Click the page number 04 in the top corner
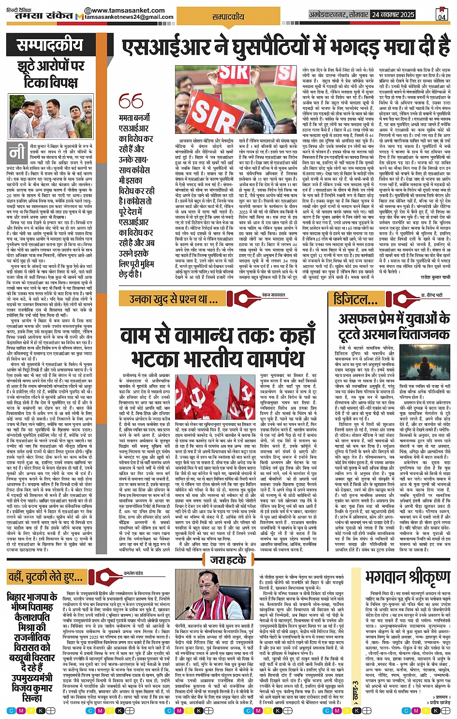coord(441,14)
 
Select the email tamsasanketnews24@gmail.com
coord(129,17)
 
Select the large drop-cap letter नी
coord(17,153)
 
